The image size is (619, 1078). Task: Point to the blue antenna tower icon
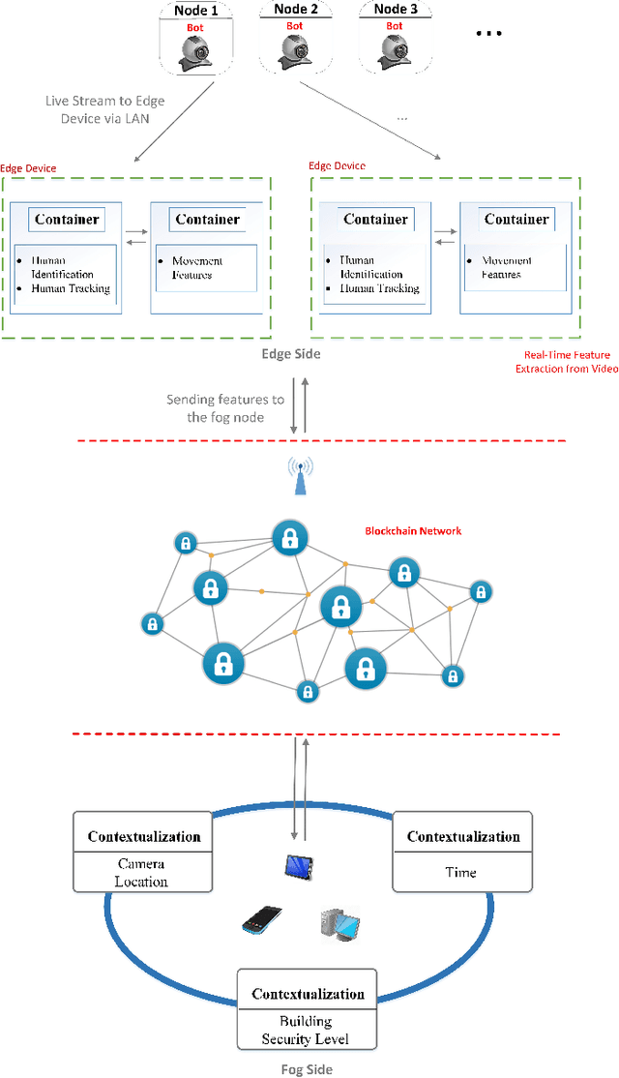pyautogui.click(x=302, y=474)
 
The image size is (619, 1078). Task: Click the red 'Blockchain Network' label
pyautogui.click(x=413, y=530)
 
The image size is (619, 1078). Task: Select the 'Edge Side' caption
pyautogui.click(x=291, y=354)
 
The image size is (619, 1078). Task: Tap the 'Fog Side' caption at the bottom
pyautogui.click(x=305, y=1069)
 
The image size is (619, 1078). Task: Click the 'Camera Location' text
pyautogui.click(x=142, y=873)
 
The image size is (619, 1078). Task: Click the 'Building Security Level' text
pyautogui.click(x=306, y=1030)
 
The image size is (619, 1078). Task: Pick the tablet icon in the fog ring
pyautogui.click(x=298, y=868)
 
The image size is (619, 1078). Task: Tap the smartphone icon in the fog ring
pyautogui.click(x=261, y=920)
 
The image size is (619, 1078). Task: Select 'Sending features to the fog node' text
pyautogui.click(x=225, y=408)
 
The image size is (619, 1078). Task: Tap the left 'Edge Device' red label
pyautogui.click(x=28, y=168)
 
